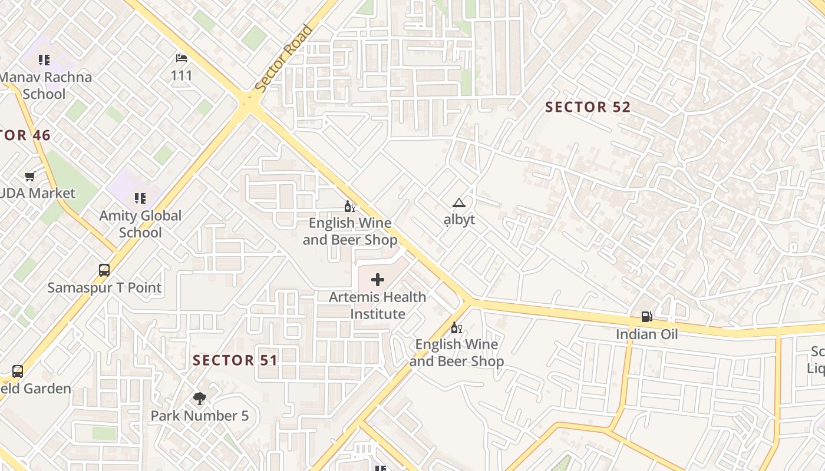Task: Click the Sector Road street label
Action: point(284,58)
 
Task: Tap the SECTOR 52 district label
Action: point(588,107)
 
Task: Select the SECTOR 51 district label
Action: point(235,360)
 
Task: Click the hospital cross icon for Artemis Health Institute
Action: point(378,280)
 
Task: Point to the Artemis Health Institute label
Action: point(378,305)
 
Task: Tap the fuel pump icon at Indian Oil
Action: point(646,317)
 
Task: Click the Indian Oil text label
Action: point(646,334)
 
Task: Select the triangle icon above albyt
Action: point(458,203)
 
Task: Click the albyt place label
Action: point(459,220)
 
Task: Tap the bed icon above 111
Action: point(181,58)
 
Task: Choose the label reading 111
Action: point(181,75)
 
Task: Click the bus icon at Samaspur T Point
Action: point(104,270)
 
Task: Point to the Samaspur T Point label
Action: point(104,288)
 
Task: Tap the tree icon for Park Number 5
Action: point(199,399)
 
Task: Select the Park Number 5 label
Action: point(199,416)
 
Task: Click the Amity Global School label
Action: point(140,224)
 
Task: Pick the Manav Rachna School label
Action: point(45,85)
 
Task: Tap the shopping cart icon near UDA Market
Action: point(29,176)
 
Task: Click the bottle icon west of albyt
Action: point(349,207)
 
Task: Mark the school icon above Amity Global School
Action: point(140,198)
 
